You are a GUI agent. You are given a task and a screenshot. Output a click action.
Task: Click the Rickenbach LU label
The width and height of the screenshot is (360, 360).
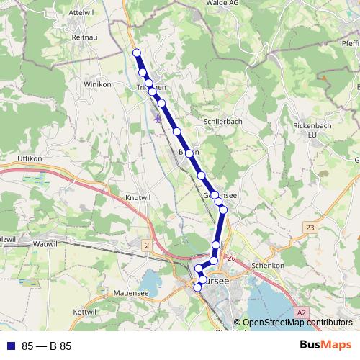click(x=311, y=130)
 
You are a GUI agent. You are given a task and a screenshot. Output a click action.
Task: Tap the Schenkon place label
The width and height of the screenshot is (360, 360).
click(x=269, y=266)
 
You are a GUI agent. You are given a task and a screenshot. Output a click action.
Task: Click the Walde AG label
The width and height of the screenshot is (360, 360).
click(x=222, y=4)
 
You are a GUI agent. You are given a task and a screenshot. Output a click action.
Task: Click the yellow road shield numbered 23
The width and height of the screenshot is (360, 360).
click(x=310, y=228)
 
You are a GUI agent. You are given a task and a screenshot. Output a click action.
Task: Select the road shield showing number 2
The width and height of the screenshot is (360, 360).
click(x=147, y=246)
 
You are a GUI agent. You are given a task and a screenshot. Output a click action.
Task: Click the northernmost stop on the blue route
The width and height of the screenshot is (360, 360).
click(x=136, y=52)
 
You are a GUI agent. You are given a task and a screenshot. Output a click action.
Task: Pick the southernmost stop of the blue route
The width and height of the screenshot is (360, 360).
click(x=198, y=288)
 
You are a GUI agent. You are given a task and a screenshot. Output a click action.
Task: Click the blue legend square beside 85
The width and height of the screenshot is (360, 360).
click(x=10, y=346)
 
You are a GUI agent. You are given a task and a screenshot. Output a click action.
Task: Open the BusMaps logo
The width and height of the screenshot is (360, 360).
click(x=325, y=346)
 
